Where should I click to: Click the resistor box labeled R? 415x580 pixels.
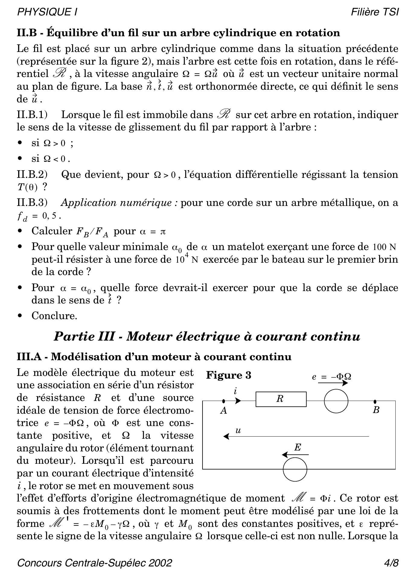[281, 399]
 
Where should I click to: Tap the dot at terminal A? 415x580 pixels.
[223, 401]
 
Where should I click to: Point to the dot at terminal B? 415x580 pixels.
[375, 402]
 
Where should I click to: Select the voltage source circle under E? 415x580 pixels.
[295, 469]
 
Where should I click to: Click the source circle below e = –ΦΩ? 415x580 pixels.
[336, 401]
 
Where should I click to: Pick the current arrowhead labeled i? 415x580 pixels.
[238, 401]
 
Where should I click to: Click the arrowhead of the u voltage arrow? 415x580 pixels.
[225, 436]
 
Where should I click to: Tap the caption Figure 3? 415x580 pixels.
[228, 375]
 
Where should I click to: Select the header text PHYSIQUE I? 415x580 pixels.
[47, 12]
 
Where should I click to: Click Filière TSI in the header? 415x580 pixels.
[375, 12]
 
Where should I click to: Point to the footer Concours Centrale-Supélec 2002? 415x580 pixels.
[94, 563]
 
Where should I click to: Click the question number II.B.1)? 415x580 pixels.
[32, 115]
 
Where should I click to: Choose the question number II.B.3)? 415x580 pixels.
[32, 203]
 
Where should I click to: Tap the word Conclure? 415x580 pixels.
[54, 316]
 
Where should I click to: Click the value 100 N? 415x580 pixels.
[384, 247]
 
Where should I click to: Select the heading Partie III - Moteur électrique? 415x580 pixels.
[207, 336]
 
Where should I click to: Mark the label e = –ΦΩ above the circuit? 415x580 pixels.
[331, 377]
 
